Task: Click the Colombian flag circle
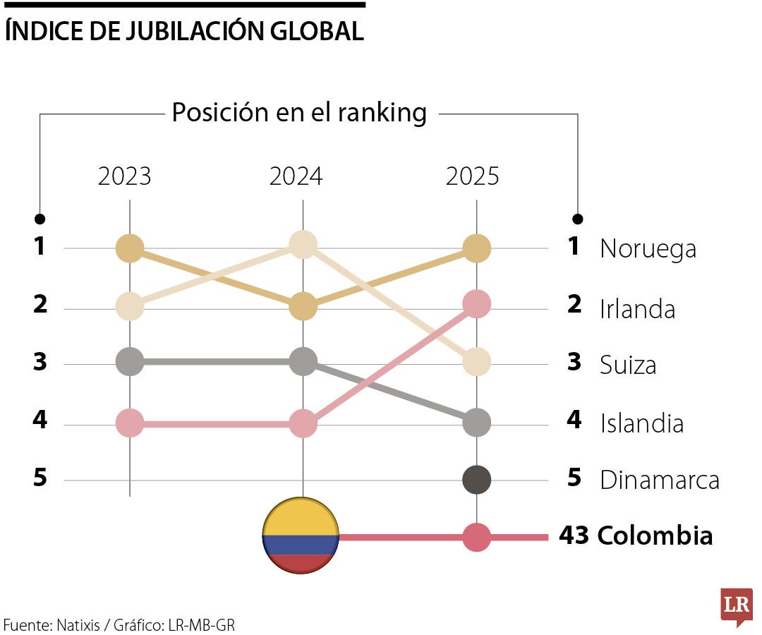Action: click(x=301, y=536)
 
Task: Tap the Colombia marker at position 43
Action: click(x=477, y=537)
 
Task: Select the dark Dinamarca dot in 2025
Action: click(x=477, y=480)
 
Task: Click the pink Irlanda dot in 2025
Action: click(x=477, y=304)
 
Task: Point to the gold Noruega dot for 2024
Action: click(x=303, y=306)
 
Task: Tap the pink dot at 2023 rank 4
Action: click(x=130, y=423)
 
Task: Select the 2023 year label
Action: click(x=124, y=176)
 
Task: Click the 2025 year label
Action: click(x=472, y=176)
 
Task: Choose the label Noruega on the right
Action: click(x=648, y=249)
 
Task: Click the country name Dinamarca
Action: click(x=659, y=480)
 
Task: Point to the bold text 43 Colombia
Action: click(x=636, y=536)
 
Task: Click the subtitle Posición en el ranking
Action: click(x=299, y=113)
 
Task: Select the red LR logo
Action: click(x=735, y=605)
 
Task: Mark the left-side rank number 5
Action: click(x=40, y=478)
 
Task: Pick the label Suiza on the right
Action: click(x=628, y=365)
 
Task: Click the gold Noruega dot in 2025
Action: click(x=477, y=248)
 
